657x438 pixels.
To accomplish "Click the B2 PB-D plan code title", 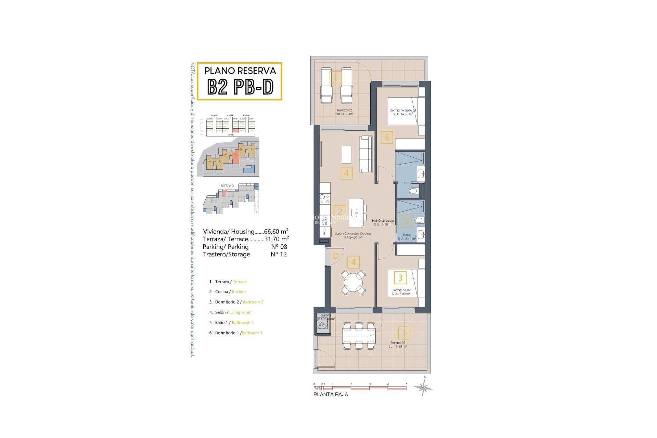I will pos(240,87).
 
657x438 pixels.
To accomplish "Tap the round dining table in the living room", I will pos(353,282).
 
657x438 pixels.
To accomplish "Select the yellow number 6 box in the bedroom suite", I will pos(387,137).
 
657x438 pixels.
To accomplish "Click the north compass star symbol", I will pos(423,388).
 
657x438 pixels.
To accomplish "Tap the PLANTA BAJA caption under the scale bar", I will pos(331,395).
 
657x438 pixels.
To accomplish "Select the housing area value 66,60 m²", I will pos(276,232).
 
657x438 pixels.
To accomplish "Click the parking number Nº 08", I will pos(279,247).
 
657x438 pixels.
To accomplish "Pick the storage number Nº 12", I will pos(279,254).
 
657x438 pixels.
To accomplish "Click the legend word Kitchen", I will pos(239,292).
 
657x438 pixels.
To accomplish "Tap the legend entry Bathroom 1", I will pos(243,323).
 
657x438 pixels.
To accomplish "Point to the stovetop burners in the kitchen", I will pos(324,199).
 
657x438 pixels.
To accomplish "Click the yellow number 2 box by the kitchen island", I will pos(340,211).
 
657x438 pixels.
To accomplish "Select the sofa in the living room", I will pos(365,154).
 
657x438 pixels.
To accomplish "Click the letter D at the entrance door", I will pos(336,256).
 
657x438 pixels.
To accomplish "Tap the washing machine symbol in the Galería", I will pos(322,323).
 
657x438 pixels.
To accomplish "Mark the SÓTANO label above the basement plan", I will pos(227,186).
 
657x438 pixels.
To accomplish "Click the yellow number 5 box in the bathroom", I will pos(405,221).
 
